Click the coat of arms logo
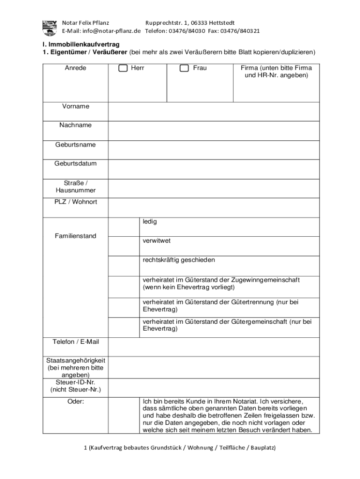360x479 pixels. (x=50, y=27)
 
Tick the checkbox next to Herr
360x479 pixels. (x=123, y=68)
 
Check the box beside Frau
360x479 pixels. (x=185, y=68)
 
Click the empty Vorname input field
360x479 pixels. (x=214, y=111)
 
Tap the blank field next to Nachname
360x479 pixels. (x=214, y=131)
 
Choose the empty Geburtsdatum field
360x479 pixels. (x=214, y=169)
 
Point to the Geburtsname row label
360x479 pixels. (x=75, y=145)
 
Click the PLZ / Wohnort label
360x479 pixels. (x=75, y=202)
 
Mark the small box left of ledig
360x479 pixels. (x=123, y=227)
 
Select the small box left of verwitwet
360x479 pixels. (x=123, y=246)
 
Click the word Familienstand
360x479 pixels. (x=75, y=236)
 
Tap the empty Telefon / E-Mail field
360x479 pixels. (x=214, y=347)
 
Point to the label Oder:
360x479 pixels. (x=75, y=401)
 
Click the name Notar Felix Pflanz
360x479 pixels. (x=86, y=22)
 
